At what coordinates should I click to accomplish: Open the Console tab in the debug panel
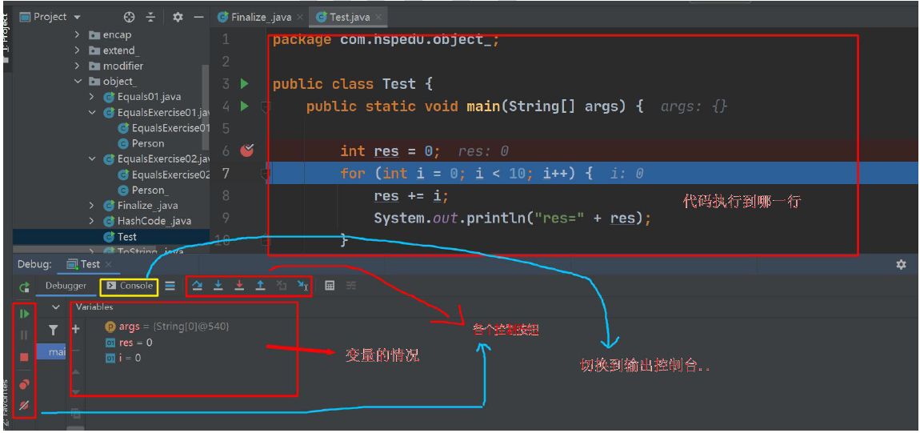[x=130, y=286]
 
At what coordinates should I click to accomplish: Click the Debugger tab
[x=66, y=286]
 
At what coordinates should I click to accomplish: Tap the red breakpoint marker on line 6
[x=246, y=150]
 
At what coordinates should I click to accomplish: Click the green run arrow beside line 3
[x=245, y=83]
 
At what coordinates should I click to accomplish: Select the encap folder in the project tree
[x=117, y=34]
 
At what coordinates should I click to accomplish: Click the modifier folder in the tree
[x=122, y=66]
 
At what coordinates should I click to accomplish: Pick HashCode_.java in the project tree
[x=154, y=221]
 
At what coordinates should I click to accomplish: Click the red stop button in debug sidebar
[x=24, y=357]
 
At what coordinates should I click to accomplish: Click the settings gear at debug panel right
[x=901, y=264]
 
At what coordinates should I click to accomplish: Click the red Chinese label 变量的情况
[x=382, y=355]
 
